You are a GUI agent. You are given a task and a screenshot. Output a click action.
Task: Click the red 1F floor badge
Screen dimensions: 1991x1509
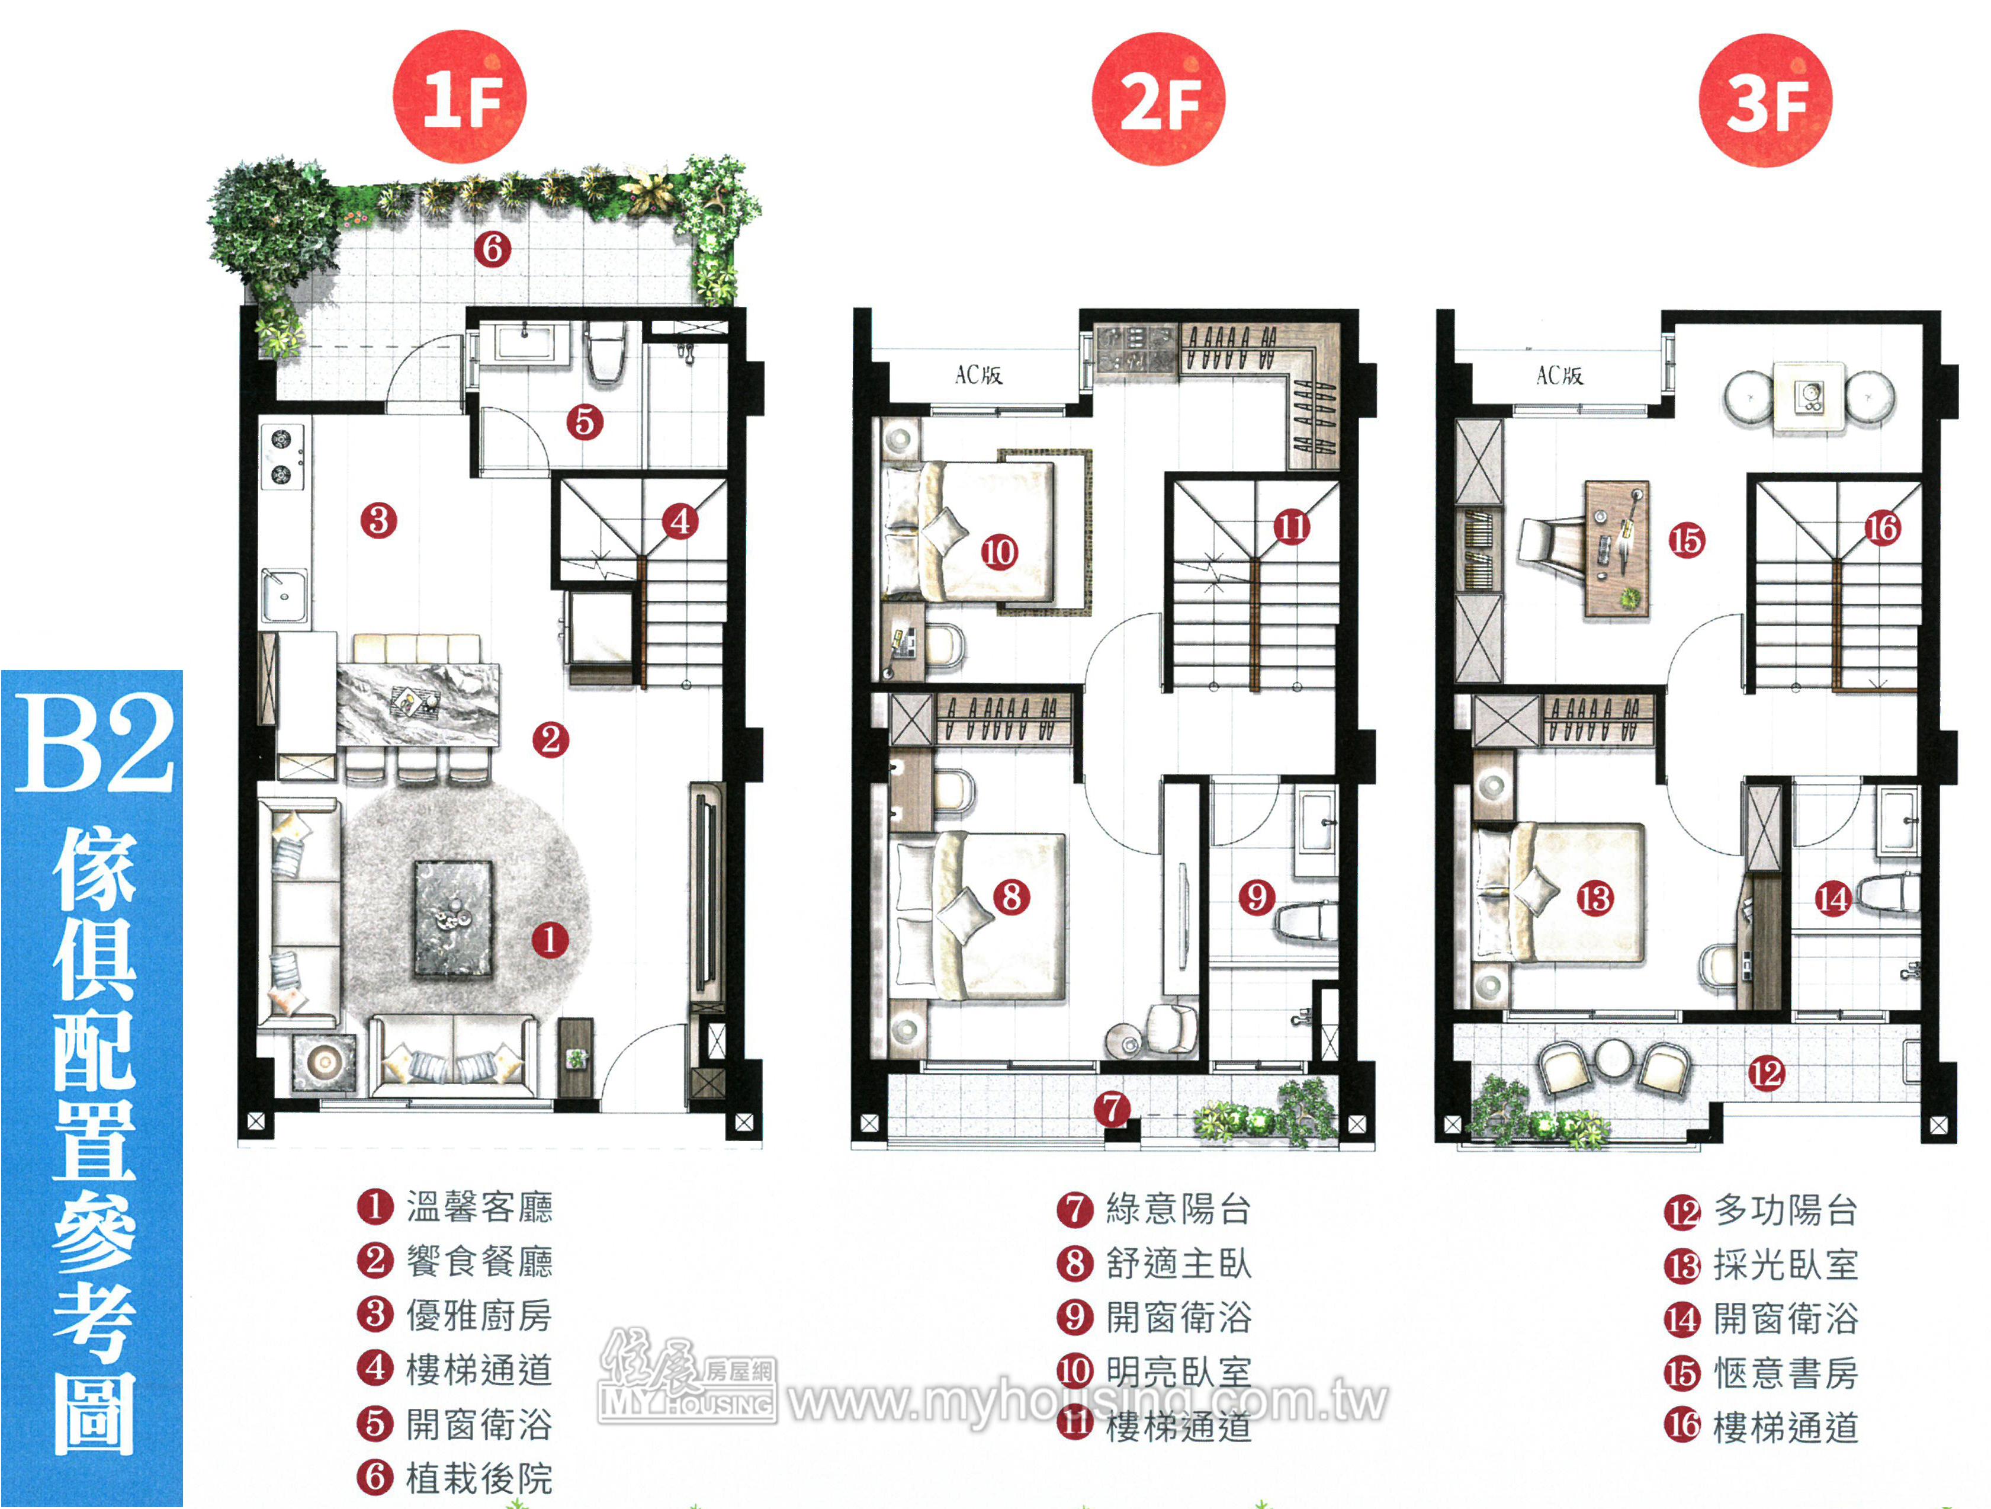coord(460,97)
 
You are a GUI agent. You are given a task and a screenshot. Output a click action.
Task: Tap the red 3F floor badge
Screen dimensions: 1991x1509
coord(1765,100)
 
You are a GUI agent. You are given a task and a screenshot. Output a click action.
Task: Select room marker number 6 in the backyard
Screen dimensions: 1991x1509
coord(492,248)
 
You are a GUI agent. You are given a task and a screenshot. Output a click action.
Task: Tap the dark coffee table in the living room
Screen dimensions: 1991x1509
coord(453,918)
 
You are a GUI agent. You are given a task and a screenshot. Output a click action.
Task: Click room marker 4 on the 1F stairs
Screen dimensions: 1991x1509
coord(680,520)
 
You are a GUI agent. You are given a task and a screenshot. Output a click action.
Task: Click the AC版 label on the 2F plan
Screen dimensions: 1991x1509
coord(978,374)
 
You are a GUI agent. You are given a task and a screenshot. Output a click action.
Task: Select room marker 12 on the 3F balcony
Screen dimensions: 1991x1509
coord(1766,1073)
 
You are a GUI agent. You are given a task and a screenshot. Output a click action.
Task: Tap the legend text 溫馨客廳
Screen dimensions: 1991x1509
coord(479,1206)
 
